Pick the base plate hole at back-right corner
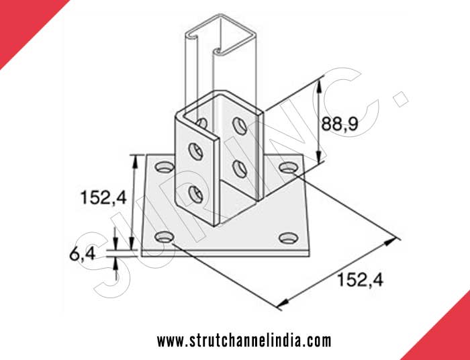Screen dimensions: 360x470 tap(288, 166)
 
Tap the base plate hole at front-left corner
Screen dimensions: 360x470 tap(163, 236)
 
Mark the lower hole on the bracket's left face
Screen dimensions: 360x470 tap(195, 195)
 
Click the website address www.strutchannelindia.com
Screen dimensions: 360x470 tap(244, 341)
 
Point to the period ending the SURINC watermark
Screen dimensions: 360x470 tap(402, 101)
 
